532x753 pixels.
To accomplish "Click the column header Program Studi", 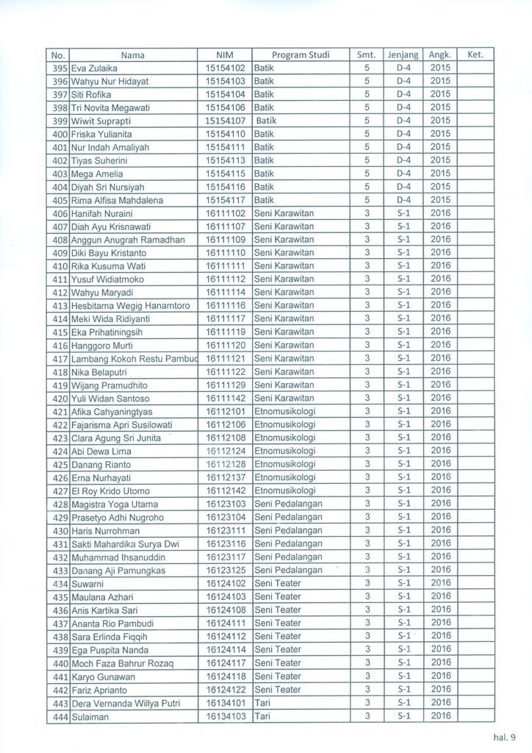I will pos(301,54).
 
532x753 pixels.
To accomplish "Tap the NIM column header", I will pos(224,54).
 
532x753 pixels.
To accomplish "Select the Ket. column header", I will pos(475,54).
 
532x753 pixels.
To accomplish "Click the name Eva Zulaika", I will pos(96,68).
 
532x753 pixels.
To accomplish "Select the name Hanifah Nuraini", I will pos(101,213).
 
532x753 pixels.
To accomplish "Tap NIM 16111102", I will pos(225,213).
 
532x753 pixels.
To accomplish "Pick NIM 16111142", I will pos(225,398).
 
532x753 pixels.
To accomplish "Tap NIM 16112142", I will pos(225,490).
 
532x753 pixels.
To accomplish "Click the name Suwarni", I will pos(88,584).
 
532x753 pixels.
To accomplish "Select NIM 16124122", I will pos(225,689).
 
